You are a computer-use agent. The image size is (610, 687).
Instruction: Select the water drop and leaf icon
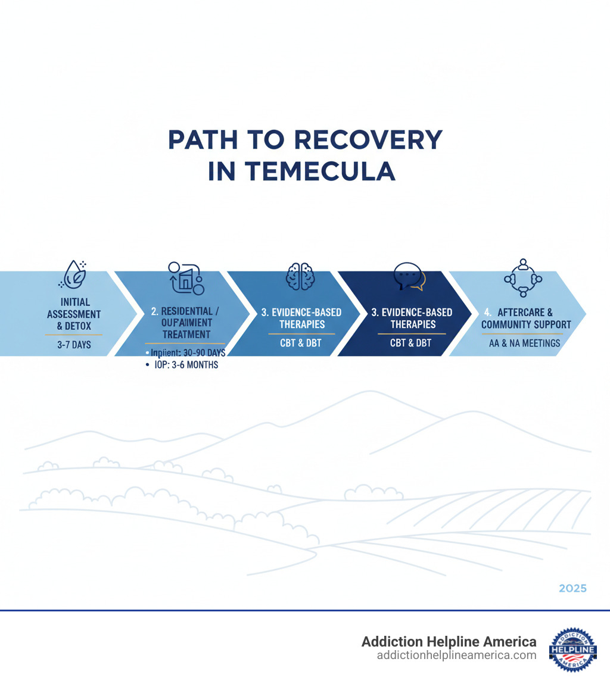74,274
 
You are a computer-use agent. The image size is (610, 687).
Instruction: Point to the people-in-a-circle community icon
522,277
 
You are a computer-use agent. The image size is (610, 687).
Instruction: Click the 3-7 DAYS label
74,344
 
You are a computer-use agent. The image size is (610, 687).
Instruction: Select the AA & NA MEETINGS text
525,343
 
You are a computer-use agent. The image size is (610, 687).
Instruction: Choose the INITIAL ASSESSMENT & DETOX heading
74,314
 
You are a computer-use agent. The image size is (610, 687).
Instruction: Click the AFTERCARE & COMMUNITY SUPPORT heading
525,318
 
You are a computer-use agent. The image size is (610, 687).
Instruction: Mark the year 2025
572,588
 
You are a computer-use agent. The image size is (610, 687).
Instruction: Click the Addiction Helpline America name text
449,642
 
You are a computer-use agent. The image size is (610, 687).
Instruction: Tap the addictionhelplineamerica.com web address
456,655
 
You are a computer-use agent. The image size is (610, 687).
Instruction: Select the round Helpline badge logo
572,648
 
